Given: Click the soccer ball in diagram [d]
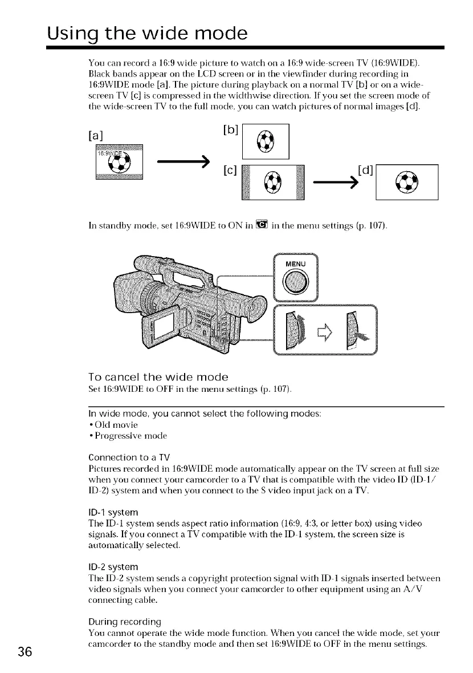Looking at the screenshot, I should [407, 183].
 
